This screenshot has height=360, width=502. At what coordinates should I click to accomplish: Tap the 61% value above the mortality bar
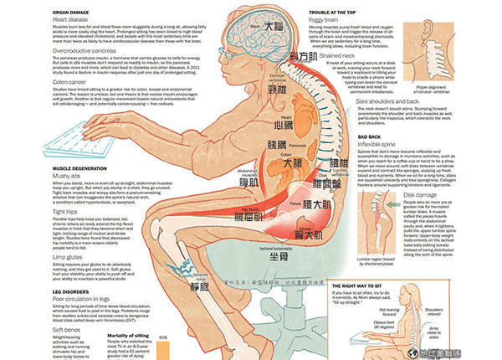click(x=164, y=339)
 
